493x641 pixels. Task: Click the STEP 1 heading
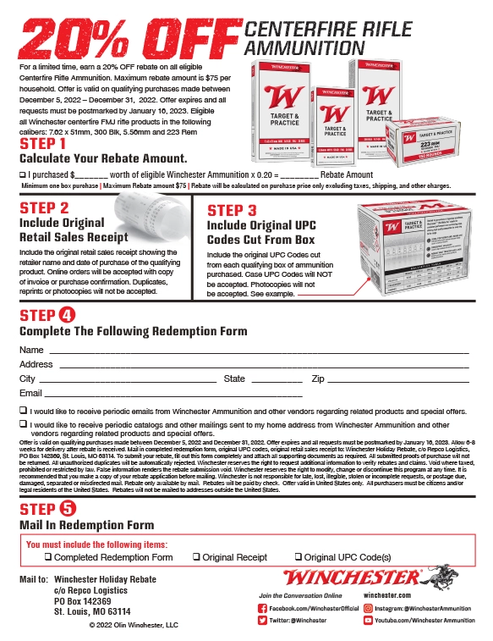click(49, 144)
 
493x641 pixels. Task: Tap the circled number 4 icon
click(67, 316)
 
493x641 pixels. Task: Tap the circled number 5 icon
click(67, 509)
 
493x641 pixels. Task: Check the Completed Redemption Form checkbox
click(49, 557)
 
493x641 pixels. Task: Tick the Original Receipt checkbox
click(196, 557)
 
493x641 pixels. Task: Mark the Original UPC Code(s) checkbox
click(299, 557)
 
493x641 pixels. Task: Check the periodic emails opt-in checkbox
click(22, 410)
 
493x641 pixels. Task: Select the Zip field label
click(319, 379)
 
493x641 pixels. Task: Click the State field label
click(234, 379)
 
